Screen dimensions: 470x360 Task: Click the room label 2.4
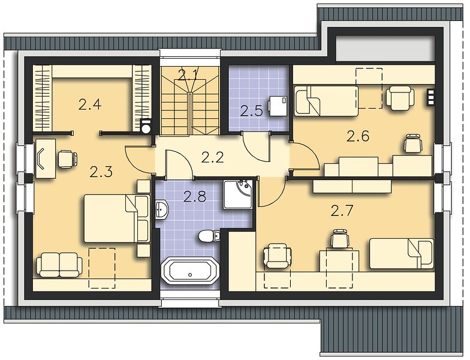tap(90, 104)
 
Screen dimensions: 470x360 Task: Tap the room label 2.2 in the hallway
tap(212, 157)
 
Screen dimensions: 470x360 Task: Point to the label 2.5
tap(252, 111)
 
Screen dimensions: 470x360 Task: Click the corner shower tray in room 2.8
tap(239, 195)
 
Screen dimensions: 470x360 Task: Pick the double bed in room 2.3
tap(116, 218)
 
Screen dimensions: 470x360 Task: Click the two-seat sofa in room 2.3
tap(59, 265)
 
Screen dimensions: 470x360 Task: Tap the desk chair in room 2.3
tap(67, 158)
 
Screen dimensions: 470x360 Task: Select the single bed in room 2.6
tap(326, 101)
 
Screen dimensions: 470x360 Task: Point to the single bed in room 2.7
tap(402, 253)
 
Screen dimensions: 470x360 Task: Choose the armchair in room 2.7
tap(277, 256)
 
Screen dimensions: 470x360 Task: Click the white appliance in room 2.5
tap(278, 106)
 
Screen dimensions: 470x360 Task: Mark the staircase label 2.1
tap(188, 75)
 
